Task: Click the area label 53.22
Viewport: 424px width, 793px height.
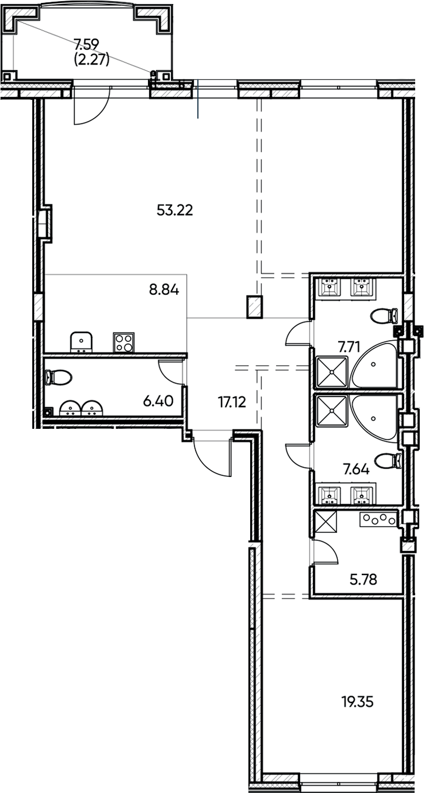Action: click(x=175, y=210)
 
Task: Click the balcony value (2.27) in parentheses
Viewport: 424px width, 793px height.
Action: click(x=92, y=59)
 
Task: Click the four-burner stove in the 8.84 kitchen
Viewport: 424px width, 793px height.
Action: click(x=123, y=342)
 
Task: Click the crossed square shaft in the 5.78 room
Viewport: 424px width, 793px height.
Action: click(x=326, y=522)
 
